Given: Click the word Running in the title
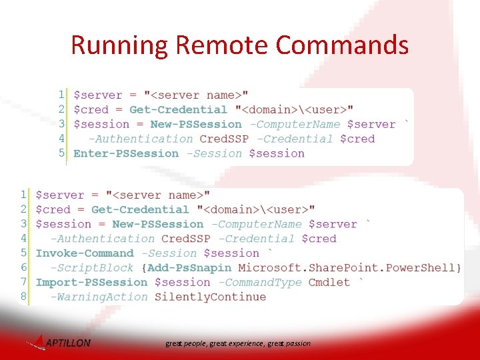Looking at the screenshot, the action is (119, 46).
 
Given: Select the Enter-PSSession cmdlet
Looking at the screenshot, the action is (126, 153).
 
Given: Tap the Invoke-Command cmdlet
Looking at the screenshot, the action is (85, 253).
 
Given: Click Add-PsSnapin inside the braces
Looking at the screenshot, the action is (189, 268).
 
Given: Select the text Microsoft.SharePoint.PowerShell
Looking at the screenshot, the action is (347, 268).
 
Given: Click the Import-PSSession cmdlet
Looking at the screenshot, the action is (91, 283).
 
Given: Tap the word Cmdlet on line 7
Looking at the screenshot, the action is (329, 283).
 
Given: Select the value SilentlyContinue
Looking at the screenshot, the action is (210, 297).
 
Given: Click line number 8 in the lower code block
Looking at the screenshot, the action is (24, 297).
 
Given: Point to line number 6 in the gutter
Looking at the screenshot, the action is (24, 268).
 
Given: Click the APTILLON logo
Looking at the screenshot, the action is (60, 343).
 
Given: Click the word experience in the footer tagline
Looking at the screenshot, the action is (246, 344).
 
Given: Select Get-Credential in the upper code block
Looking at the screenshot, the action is (178, 110).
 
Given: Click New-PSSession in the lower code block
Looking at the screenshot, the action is (158, 225).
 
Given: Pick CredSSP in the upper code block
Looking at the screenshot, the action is (224, 139).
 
